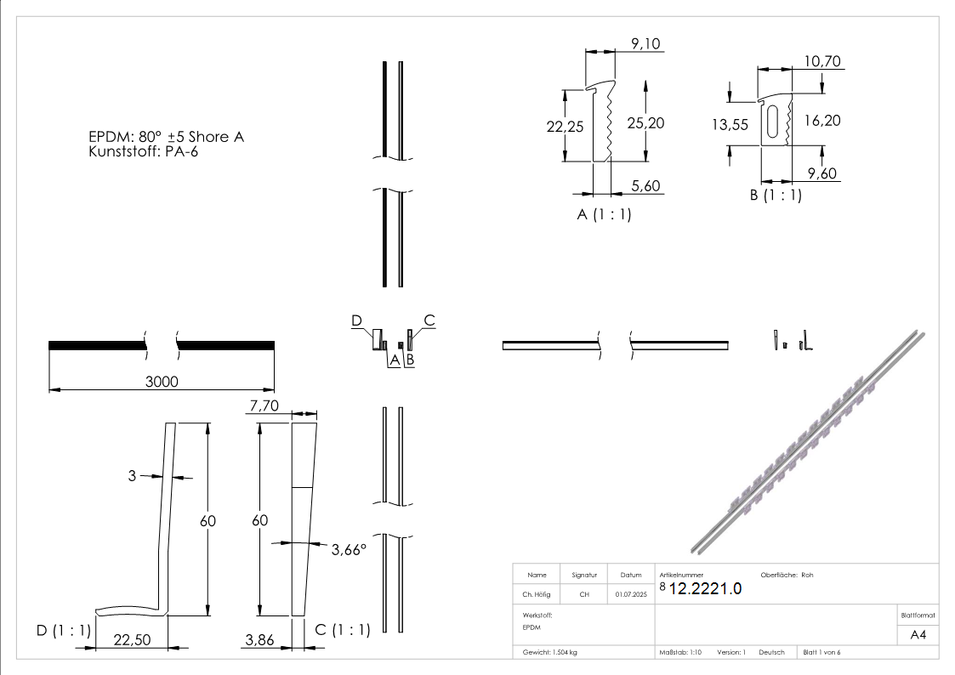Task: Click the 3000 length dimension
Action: [162, 382]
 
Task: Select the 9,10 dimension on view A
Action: [645, 44]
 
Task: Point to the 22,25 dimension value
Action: [565, 126]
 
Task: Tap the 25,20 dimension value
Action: [645, 123]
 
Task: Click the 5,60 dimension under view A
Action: [646, 186]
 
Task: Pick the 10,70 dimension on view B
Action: [822, 61]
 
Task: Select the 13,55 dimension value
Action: [730, 124]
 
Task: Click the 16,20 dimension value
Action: [822, 121]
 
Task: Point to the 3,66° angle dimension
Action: [349, 549]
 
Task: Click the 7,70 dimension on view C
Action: [263, 408]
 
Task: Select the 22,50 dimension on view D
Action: [132, 640]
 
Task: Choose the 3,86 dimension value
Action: [259, 640]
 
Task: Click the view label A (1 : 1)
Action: [604, 215]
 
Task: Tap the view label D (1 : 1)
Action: [64, 630]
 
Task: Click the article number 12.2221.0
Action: [706, 589]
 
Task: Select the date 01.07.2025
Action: [631, 595]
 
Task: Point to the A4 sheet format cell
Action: [918, 634]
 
